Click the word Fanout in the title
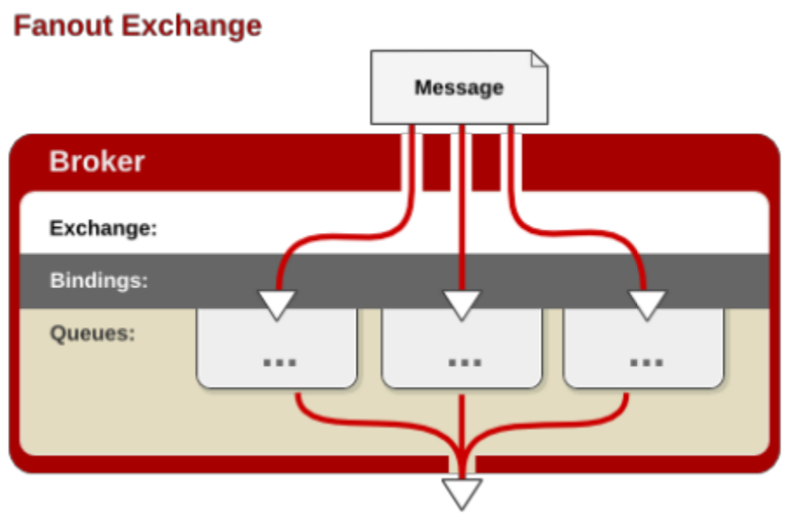[64, 25]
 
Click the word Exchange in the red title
[191, 25]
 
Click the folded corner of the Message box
[540, 58]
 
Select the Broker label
[97, 161]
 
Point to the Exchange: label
[103, 229]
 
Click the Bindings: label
[99, 281]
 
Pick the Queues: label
[93, 333]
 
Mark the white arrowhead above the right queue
[647, 304]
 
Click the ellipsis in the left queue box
[279, 360]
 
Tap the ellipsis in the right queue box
[646, 360]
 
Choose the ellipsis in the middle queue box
[464, 360]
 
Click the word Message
[459, 87]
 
